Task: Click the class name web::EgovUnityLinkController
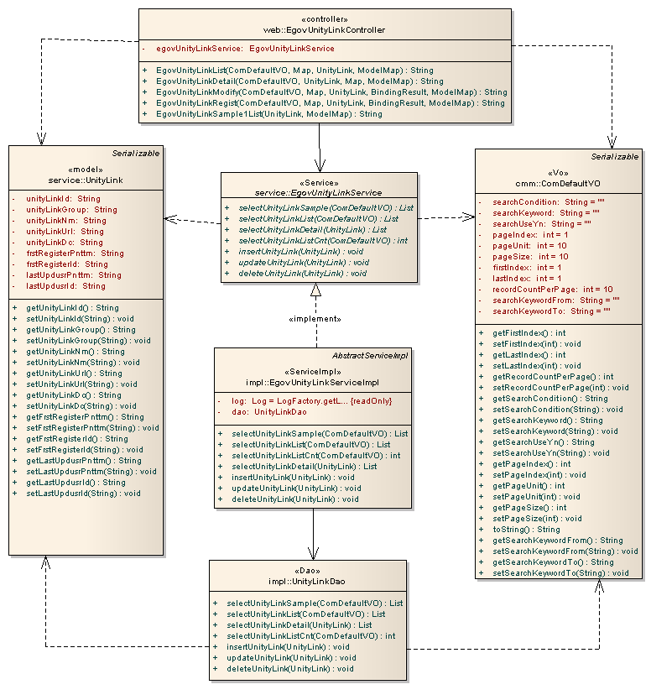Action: coord(324,30)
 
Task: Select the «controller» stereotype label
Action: coord(324,19)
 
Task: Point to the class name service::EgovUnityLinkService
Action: coord(319,193)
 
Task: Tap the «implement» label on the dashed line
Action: coord(315,319)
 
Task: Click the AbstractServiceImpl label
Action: coord(370,356)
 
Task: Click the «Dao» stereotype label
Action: coord(313,571)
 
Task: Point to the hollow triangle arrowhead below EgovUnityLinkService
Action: coord(315,290)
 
